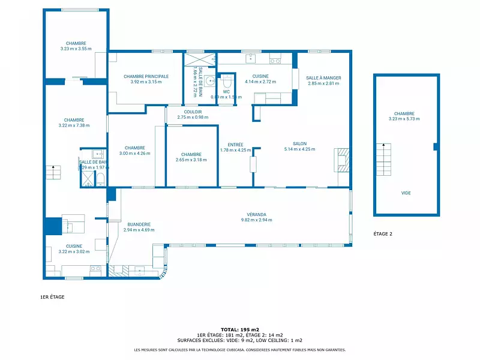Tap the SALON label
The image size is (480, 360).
[x=299, y=143]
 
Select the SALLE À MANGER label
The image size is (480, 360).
[x=323, y=78]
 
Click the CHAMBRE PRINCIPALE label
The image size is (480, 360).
[x=146, y=76]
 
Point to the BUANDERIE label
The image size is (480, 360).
[x=139, y=224]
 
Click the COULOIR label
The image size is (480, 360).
[x=193, y=112]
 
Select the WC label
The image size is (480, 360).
[x=226, y=92]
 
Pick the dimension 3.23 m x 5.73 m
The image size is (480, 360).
[x=404, y=119]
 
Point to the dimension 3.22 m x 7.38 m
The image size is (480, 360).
[x=74, y=125]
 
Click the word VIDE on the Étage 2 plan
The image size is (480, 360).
[x=406, y=193]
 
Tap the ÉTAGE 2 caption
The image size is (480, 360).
[x=382, y=234]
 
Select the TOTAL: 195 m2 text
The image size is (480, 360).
[x=240, y=329]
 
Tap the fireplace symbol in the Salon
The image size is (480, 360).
[x=342, y=159]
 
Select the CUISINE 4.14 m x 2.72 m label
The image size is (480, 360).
[x=260, y=79]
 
